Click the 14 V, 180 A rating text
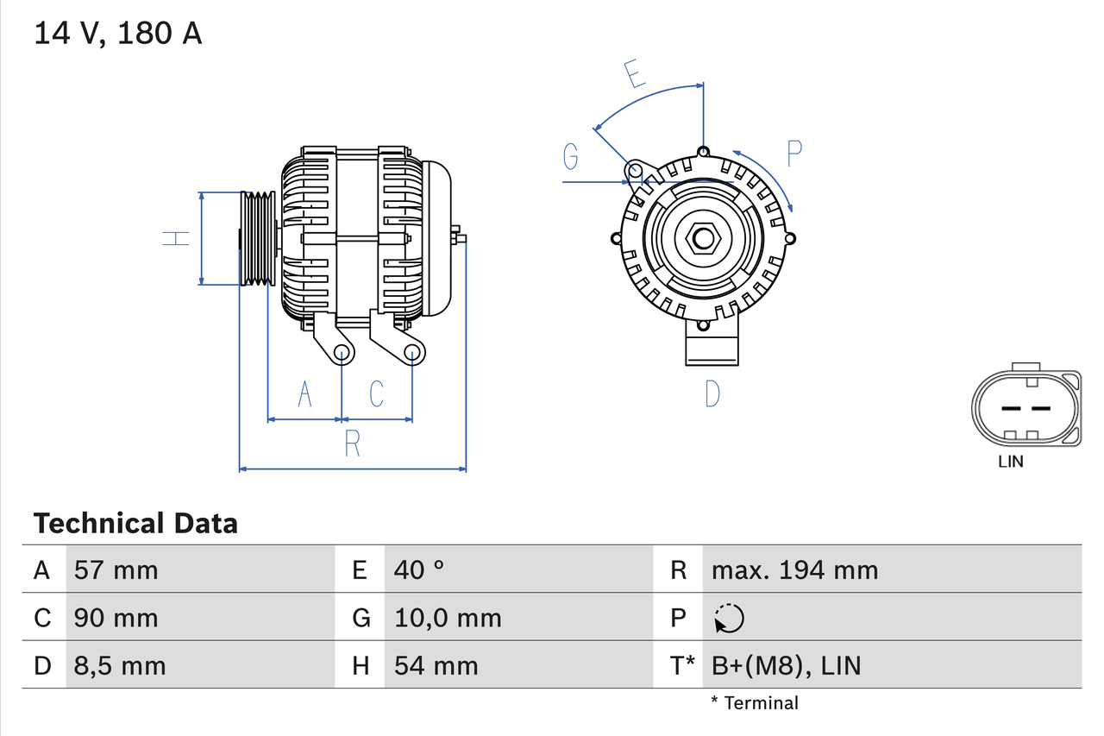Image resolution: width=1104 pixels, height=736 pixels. [117, 33]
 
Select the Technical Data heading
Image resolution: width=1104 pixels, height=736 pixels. [135, 523]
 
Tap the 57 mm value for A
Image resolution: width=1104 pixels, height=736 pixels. [116, 569]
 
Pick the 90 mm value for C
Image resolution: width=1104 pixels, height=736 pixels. [116, 618]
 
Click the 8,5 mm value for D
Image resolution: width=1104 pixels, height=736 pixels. [120, 665]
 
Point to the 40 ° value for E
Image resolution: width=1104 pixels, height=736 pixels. [419, 569]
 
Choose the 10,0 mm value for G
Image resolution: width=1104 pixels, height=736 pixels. [448, 618]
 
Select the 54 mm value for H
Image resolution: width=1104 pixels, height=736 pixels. [436, 665]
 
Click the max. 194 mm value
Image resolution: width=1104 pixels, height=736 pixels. [794, 569]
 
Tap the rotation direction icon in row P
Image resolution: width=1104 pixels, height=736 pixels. [729, 618]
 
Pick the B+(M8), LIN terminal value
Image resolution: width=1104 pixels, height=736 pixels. [786, 665]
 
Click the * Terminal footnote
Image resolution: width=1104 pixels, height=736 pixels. [755, 702]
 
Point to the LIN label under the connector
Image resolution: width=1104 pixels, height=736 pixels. [1011, 462]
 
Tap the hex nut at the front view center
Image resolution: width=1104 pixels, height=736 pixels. [702, 237]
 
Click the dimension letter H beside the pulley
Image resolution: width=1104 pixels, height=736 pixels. [177, 237]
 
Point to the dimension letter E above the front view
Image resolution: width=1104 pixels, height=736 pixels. [636, 74]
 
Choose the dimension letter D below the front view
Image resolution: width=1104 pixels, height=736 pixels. [712, 393]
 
